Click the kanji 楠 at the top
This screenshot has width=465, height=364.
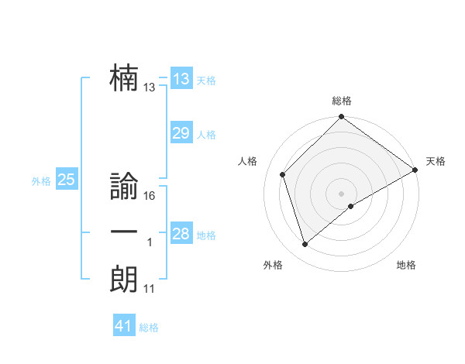(x=124, y=78)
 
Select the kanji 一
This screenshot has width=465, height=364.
(x=124, y=232)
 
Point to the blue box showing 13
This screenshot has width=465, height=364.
(x=181, y=79)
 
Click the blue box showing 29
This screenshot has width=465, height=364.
(x=181, y=133)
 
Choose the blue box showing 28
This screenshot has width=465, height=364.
(x=181, y=234)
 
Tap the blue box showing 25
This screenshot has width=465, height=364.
(x=67, y=180)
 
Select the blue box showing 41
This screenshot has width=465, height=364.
(x=124, y=326)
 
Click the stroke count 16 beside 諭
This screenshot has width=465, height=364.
(x=150, y=196)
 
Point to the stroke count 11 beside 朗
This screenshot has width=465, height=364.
(x=150, y=289)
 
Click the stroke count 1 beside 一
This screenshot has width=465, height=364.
(x=150, y=243)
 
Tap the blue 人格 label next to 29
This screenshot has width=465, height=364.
(x=206, y=135)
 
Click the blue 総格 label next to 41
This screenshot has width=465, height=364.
(x=149, y=328)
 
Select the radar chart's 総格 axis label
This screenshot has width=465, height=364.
(x=341, y=101)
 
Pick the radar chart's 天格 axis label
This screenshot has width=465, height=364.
(x=436, y=161)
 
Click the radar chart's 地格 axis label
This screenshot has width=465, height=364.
(x=406, y=265)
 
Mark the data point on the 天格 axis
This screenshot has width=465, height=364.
(x=415, y=170)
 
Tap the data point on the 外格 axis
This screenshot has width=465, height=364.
(x=305, y=245)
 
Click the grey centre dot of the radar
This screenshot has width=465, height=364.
(x=341, y=193)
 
